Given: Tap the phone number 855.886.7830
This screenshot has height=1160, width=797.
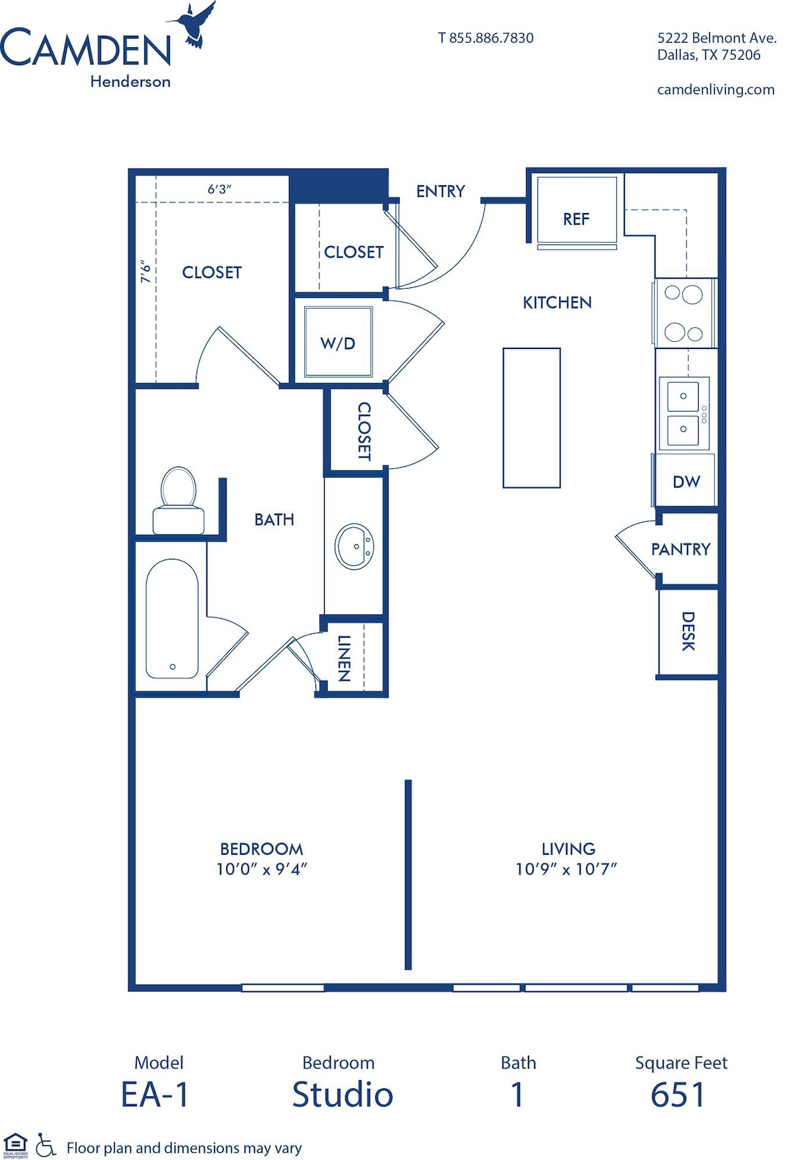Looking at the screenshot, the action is (x=491, y=38).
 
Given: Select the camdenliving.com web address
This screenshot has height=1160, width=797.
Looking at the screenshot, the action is (x=716, y=90).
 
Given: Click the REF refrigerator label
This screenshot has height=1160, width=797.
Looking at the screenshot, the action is (x=576, y=219).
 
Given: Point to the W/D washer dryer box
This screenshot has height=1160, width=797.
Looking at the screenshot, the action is (x=338, y=342).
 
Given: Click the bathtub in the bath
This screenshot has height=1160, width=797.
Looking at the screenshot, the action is (x=172, y=618).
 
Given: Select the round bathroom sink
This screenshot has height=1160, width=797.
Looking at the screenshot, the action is (x=355, y=546).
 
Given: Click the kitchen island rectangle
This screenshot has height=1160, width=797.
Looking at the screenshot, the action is (x=531, y=418).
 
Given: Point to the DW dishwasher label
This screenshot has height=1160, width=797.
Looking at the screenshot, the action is (x=686, y=482).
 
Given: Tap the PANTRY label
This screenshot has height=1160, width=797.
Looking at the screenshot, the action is (x=681, y=549).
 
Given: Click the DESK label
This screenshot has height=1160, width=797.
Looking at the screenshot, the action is (x=689, y=631).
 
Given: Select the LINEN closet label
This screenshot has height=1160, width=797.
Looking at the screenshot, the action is (x=344, y=658).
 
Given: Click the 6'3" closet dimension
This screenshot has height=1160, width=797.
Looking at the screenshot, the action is (x=220, y=189).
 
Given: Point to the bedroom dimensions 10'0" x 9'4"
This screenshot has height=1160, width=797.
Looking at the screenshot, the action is (x=262, y=869).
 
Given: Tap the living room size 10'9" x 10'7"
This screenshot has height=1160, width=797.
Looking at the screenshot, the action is (x=567, y=869).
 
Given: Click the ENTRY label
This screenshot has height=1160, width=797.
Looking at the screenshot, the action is (x=440, y=191).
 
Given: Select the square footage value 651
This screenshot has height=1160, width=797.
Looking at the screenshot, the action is (x=677, y=1094).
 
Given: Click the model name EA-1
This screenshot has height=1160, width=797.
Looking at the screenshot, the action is (x=155, y=1094).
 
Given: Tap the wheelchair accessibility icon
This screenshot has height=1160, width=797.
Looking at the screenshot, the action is (x=46, y=1145).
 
